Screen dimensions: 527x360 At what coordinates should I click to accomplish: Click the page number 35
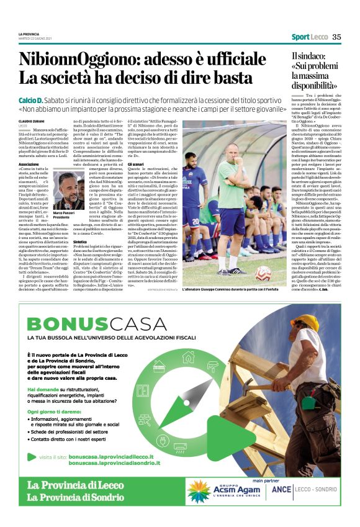click(x=336, y=37)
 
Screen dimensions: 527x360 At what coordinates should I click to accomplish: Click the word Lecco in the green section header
click(x=320, y=37)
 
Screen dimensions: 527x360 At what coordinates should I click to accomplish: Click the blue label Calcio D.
click(x=30, y=100)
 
